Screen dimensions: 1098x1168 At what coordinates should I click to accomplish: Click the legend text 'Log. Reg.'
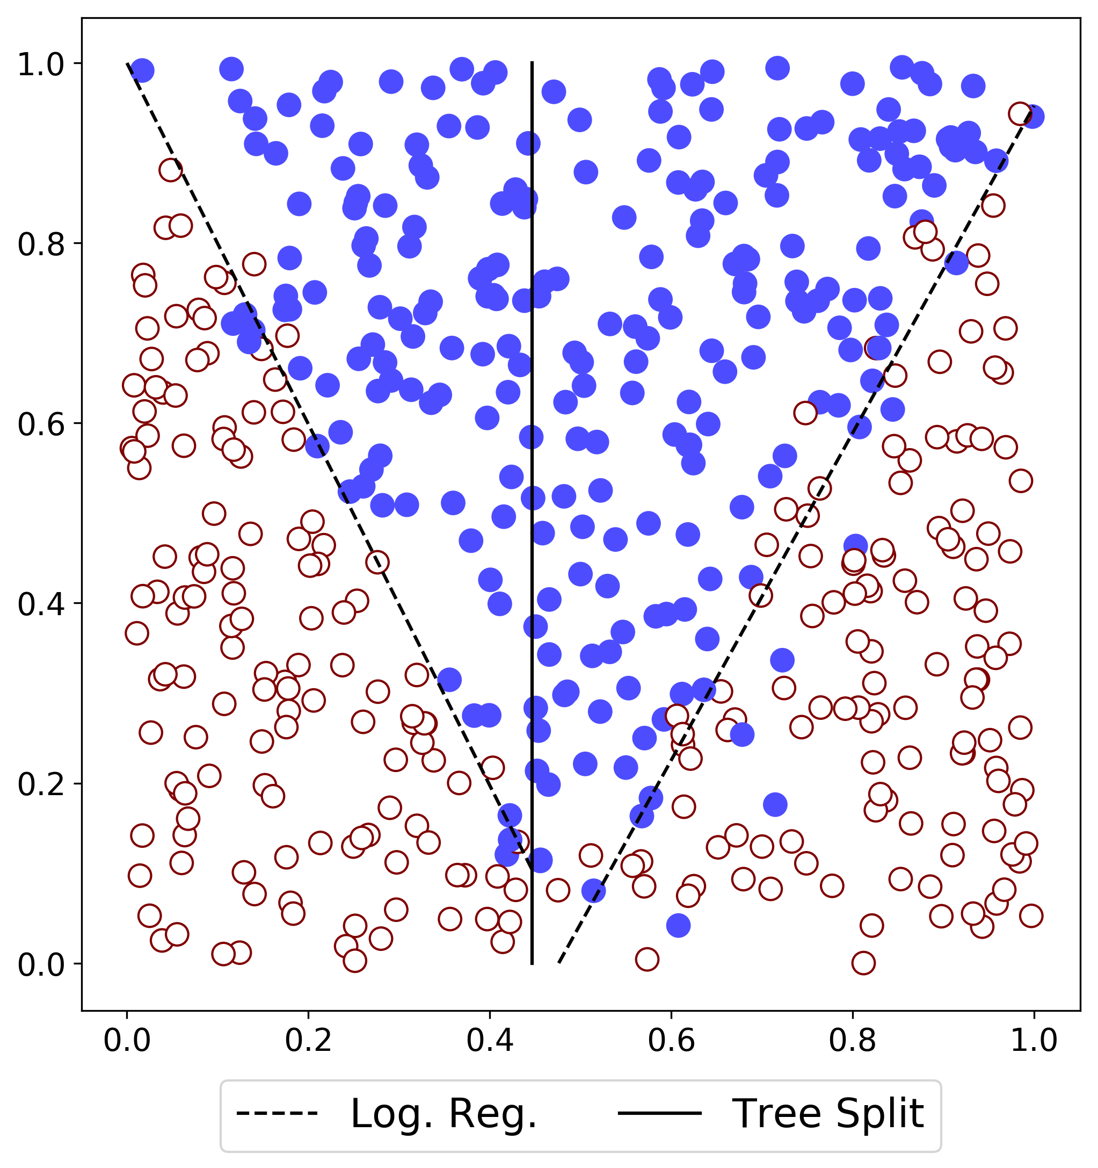[x=444, y=1114]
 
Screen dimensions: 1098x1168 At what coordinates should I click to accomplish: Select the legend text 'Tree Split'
[x=828, y=1114]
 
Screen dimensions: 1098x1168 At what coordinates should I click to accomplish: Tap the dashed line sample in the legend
[x=277, y=1113]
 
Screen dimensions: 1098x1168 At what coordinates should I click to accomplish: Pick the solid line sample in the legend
[x=659, y=1113]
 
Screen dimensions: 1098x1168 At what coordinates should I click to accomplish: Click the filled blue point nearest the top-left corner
[x=142, y=70]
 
